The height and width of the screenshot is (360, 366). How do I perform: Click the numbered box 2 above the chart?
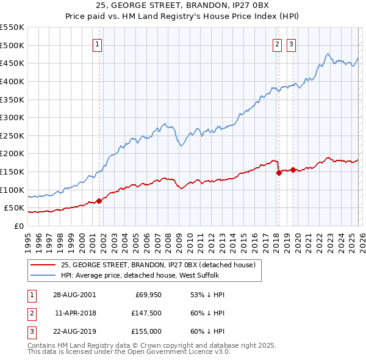(277, 43)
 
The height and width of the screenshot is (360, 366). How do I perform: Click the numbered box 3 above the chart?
(292, 43)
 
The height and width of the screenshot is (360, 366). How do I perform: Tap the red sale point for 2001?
(99, 201)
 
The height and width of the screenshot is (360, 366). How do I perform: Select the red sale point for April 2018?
(279, 173)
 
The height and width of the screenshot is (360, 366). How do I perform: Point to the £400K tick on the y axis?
(12, 81)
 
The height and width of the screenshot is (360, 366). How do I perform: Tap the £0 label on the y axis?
(18, 226)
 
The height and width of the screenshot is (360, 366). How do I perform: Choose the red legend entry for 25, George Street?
(161, 265)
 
